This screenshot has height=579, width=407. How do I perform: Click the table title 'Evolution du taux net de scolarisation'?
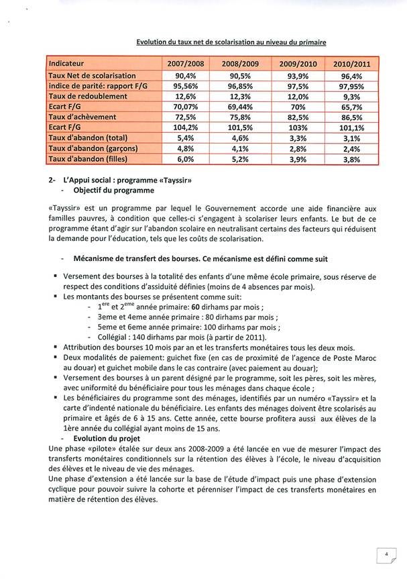231,42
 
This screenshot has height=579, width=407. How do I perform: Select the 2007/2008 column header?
185,63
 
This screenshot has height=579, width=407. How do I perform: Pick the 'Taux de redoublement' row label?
89,97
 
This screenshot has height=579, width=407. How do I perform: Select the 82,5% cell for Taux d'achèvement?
293,117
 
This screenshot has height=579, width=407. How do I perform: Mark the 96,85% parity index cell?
239,87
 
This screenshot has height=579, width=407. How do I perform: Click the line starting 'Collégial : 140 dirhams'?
182,337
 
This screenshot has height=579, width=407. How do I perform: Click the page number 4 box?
386,555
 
